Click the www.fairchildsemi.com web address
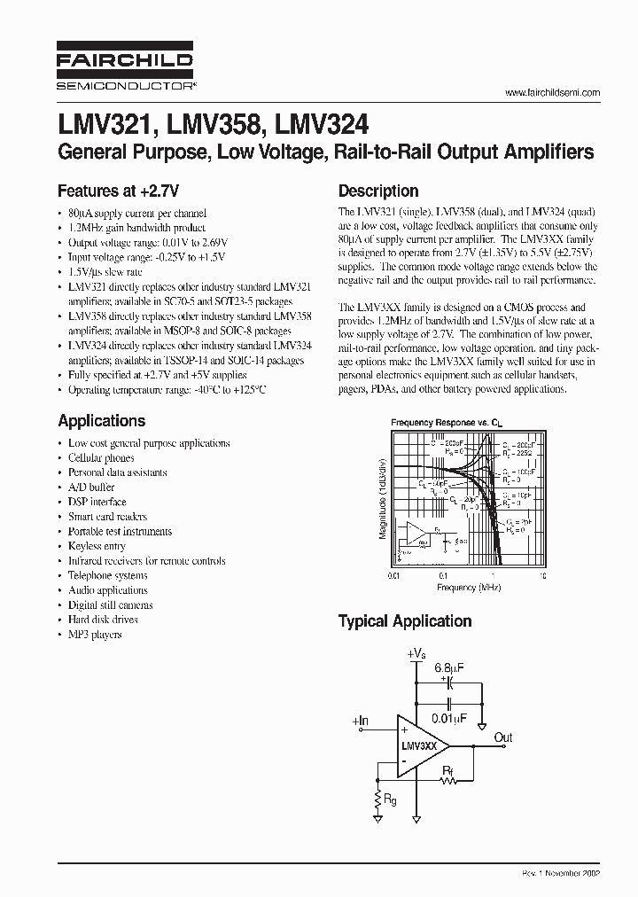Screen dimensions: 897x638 coord(552,92)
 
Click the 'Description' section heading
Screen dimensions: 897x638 coord(378,191)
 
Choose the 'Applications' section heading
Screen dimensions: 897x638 coord(101,421)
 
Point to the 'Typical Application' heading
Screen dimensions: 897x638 coord(404,621)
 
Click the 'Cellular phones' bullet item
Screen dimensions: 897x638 coord(101,458)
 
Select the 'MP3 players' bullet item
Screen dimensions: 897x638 coord(95,635)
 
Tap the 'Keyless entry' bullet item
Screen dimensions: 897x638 coord(97,546)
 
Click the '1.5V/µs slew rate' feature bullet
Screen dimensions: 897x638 coord(105,272)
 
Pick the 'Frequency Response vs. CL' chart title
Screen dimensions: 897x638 coord(440,424)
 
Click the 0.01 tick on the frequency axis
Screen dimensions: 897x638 coord(395,576)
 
